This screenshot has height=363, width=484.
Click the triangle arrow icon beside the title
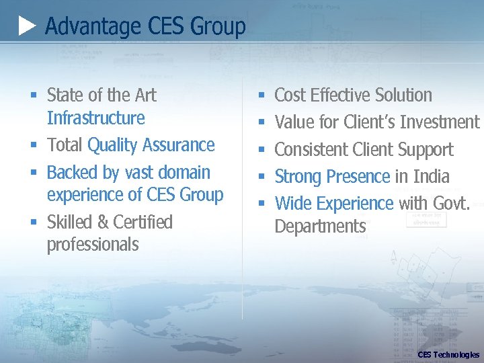[x=28, y=27]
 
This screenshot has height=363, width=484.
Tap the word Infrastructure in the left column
[x=95, y=118]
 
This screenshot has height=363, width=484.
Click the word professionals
[x=93, y=245]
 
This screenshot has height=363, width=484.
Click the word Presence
[x=358, y=177]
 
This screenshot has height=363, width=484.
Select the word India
[x=432, y=177]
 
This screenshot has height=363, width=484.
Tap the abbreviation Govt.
[x=453, y=204]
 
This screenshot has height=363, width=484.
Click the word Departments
[x=320, y=227]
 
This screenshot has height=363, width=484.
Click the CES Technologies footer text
[x=448, y=354]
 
